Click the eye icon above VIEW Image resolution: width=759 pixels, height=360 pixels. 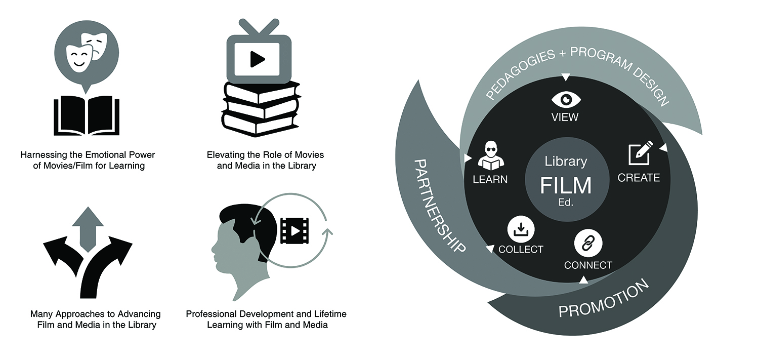(x=566, y=98)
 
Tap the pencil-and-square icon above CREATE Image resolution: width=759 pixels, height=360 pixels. (x=640, y=154)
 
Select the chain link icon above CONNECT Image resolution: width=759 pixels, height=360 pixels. (x=588, y=243)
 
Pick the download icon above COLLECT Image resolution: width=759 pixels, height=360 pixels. (x=521, y=230)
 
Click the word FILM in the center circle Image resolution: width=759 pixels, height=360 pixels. (x=566, y=185)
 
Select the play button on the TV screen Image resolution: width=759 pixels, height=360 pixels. (x=258, y=59)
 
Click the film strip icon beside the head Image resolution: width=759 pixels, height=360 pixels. (x=294, y=230)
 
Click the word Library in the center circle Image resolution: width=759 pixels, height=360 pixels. (x=566, y=162)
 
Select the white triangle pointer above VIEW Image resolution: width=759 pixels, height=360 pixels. (x=566, y=77)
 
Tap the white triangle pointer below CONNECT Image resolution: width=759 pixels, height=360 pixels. (x=583, y=279)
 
